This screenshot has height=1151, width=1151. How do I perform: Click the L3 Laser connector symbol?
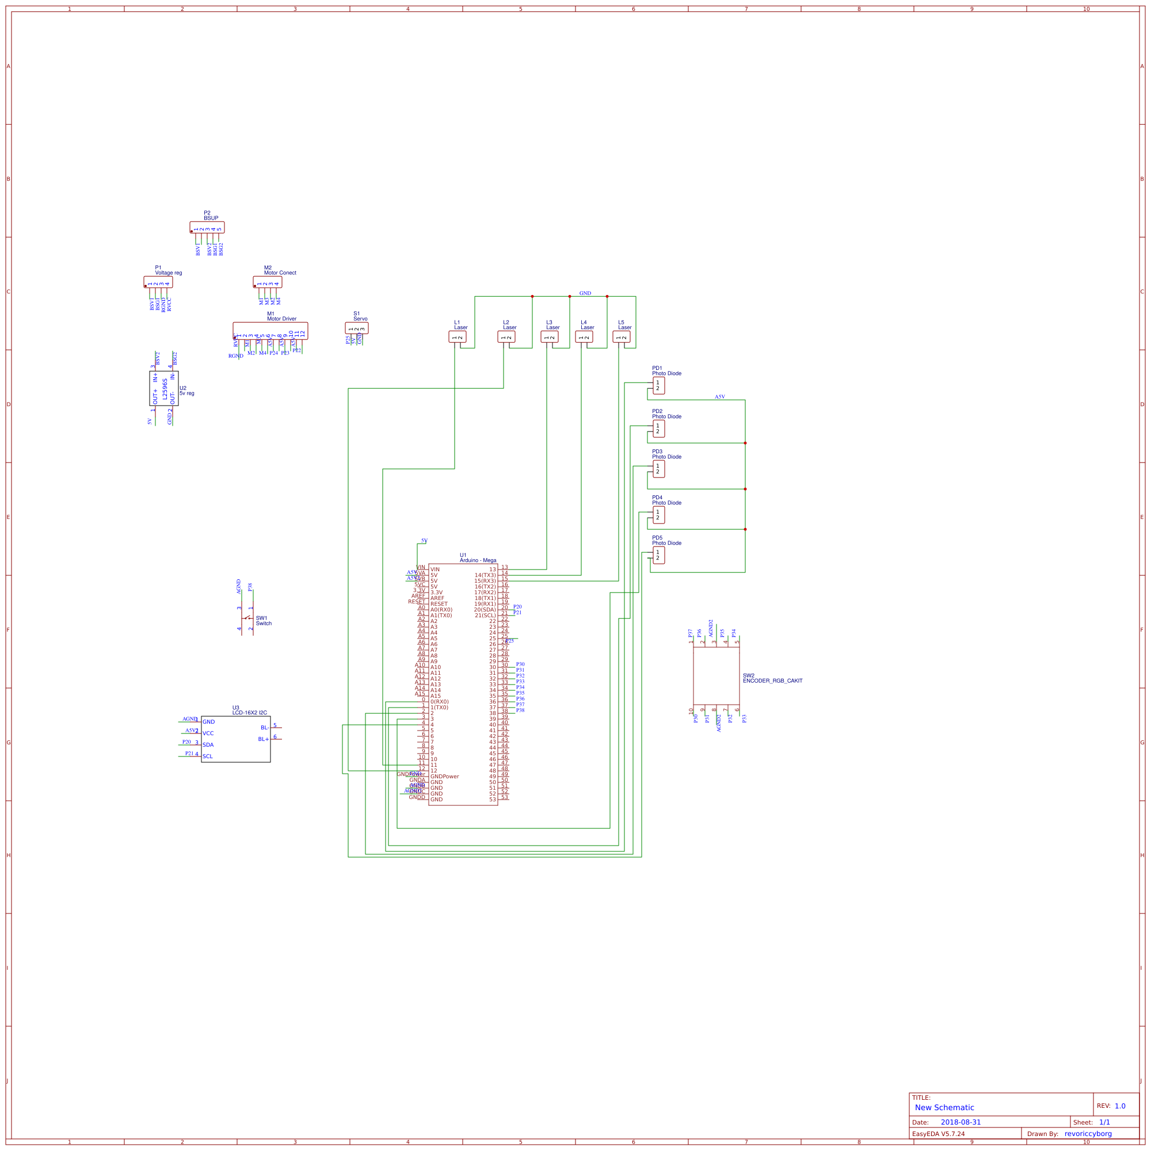click(549, 337)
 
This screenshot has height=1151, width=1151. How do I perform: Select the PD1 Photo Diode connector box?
click(658, 385)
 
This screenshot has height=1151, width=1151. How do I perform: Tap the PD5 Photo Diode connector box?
click(658, 555)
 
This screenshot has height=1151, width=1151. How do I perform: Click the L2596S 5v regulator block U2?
click(164, 388)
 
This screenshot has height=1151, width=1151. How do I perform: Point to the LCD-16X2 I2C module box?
click(235, 739)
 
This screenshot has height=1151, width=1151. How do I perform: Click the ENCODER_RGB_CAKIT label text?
click(772, 680)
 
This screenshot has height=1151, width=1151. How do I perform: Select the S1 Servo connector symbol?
click(356, 328)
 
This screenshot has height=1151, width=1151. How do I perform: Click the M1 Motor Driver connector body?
click(270, 331)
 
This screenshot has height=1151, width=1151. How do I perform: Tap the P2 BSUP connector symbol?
click(207, 228)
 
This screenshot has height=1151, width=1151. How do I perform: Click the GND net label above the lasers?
click(585, 293)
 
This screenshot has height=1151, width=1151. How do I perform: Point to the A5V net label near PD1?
click(719, 397)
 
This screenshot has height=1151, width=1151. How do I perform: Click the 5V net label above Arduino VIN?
click(424, 540)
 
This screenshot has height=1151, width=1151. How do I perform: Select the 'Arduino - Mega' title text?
click(478, 560)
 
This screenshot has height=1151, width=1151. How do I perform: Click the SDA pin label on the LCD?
click(208, 745)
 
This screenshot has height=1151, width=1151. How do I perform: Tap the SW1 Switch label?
click(264, 621)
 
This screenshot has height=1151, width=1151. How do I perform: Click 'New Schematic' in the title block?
click(944, 1107)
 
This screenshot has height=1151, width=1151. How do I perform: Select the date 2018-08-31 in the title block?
click(961, 1122)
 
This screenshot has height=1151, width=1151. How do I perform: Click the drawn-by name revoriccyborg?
click(1088, 1134)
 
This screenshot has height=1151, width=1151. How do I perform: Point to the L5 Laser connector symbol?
click(621, 337)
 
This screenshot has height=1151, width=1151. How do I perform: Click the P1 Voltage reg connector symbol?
click(158, 282)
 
